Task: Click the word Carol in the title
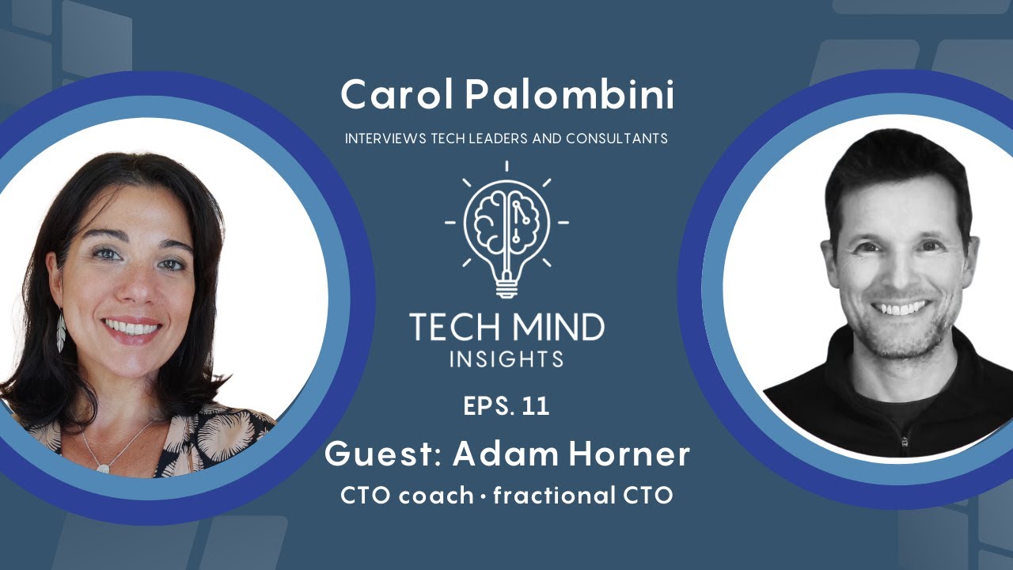tap(396, 96)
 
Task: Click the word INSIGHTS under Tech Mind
tap(506, 359)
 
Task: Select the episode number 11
tap(536, 406)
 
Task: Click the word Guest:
tap(383, 454)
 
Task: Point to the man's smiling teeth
tap(901, 306)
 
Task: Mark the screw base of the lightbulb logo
tap(506, 287)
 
